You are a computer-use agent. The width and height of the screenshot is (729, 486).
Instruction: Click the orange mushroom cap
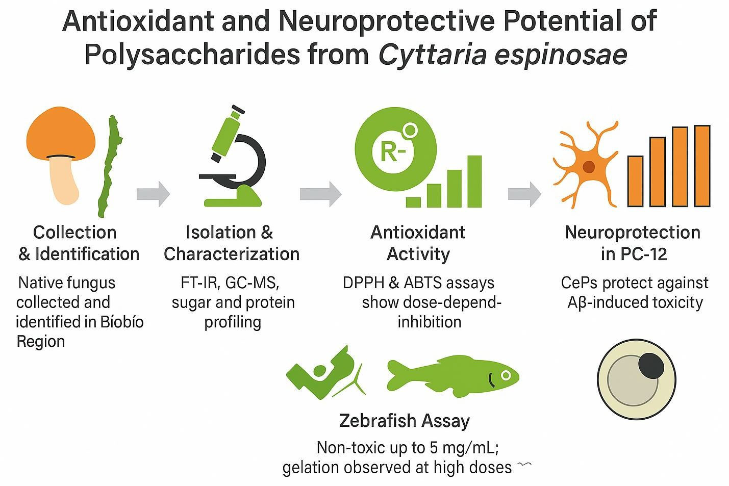click(61, 133)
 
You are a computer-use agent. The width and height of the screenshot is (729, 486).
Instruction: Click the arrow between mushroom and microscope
click(153, 194)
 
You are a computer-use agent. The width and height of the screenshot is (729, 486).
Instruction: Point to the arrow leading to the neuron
click(524, 194)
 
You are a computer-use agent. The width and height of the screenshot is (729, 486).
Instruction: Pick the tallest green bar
click(474, 181)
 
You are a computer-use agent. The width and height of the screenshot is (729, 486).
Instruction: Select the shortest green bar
click(413, 202)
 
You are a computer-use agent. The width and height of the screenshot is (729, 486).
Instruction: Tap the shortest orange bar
click(635, 181)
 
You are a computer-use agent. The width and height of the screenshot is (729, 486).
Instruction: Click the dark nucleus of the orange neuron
click(589, 166)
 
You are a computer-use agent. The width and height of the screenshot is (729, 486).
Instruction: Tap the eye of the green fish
click(506, 375)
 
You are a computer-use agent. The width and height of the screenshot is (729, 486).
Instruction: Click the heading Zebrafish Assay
click(404, 421)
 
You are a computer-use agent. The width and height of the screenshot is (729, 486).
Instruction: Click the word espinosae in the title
click(561, 54)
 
